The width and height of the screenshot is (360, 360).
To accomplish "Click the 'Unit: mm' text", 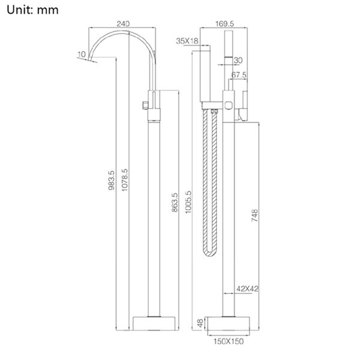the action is pos(32,10).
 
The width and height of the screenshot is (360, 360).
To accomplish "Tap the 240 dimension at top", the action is pos(123,23).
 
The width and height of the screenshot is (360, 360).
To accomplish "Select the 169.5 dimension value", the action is pos(224,23).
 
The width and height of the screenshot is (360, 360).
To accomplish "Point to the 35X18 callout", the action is pos(187,41).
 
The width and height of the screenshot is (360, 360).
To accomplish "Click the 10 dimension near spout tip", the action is pos(82,55).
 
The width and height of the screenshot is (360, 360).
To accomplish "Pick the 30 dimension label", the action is pos(238,61).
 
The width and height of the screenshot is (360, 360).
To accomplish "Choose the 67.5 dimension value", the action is pos(239,75).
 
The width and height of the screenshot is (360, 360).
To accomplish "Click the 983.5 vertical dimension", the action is pos(112,180).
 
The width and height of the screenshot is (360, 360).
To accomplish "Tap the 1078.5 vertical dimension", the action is pos(125,180).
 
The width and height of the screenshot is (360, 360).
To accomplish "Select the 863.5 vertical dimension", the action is pos(175,202).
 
